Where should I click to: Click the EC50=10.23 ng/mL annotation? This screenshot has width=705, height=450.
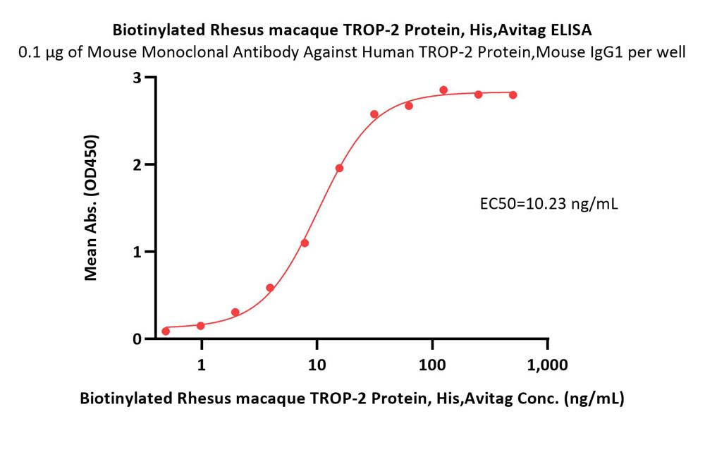click(x=549, y=204)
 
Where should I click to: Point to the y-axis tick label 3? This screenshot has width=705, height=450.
click(x=137, y=78)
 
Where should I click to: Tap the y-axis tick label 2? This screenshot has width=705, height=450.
click(x=137, y=165)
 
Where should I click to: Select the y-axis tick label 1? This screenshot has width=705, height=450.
click(x=137, y=252)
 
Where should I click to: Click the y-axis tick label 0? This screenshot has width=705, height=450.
click(x=137, y=339)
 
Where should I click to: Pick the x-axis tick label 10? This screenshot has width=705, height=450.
click(x=317, y=365)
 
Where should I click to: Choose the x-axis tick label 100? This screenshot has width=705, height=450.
click(x=432, y=365)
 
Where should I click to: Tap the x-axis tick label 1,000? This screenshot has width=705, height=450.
click(x=547, y=365)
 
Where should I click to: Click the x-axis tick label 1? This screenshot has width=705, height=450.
click(x=202, y=365)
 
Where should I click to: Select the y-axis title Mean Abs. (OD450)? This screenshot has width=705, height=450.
click(x=91, y=207)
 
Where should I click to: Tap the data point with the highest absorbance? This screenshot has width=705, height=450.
click(x=443, y=90)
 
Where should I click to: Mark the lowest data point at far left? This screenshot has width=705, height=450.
click(x=166, y=332)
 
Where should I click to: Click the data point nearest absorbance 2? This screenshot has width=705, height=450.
click(x=340, y=169)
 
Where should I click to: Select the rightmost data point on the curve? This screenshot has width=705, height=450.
click(x=513, y=95)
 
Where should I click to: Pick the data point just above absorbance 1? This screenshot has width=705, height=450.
click(x=305, y=243)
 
